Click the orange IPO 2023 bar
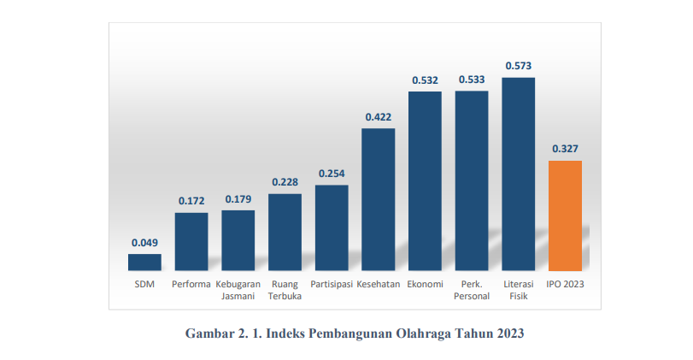click(565, 215)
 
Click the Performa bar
click(191, 242)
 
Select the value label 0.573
click(518, 65)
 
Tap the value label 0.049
click(144, 242)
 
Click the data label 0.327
click(565, 149)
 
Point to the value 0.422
click(378, 116)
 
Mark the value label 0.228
click(285, 181)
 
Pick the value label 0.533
click(472, 80)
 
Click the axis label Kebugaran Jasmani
click(238, 290)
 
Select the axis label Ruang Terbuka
click(285, 290)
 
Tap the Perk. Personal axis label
click(472, 290)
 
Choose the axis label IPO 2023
click(565, 284)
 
